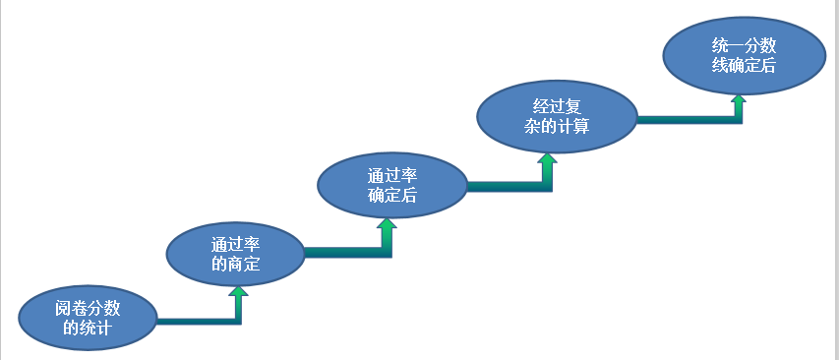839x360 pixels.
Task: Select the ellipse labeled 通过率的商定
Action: (x=235, y=253)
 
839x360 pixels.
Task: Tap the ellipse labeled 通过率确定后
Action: (x=390, y=185)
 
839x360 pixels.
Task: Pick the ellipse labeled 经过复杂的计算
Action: (x=556, y=116)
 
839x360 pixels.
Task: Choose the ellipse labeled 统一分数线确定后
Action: (x=743, y=55)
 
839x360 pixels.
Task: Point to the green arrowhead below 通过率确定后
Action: (x=388, y=225)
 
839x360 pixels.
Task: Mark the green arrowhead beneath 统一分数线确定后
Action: (x=737, y=99)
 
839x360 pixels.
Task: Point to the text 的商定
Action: (x=235, y=263)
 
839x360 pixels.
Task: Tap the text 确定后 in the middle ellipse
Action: (x=390, y=195)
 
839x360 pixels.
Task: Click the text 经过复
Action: (x=556, y=105)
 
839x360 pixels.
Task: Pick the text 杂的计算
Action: (x=556, y=126)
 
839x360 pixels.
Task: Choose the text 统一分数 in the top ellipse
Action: (x=743, y=45)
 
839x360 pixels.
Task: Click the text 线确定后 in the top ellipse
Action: (x=743, y=66)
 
